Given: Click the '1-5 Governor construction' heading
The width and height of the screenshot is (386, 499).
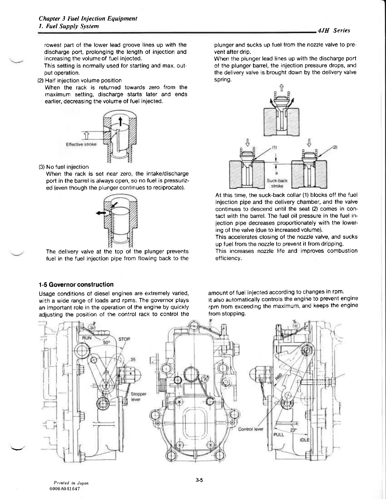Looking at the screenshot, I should click(76, 284).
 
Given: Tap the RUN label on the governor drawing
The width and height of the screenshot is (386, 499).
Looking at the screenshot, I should click(87, 338).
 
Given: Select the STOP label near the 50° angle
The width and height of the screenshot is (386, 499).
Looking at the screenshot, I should click(124, 339).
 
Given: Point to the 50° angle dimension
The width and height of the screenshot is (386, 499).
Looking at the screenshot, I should click(107, 341).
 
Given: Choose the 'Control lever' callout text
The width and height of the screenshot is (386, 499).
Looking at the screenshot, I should click(251, 429).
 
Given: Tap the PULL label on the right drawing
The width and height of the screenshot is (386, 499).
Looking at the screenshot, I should click(279, 434).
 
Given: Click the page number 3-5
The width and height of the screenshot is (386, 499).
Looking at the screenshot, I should click(199, 481).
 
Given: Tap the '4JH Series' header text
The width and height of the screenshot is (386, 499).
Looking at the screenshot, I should click(334, 31).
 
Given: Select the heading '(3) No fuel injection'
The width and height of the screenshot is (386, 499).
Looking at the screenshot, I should click(67, 167).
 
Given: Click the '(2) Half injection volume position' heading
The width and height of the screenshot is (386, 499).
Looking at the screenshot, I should click(79, 80).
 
